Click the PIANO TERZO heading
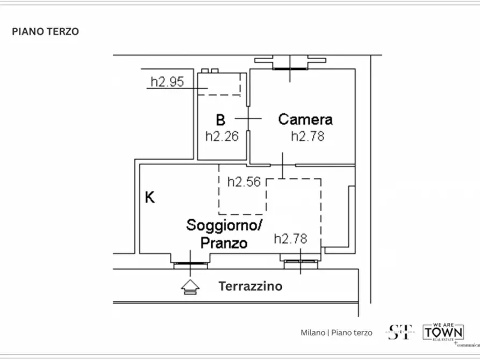(x=45, y=32)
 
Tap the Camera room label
(x=305, y=119)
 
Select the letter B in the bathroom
(x=220, y=119)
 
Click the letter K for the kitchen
(x=150, y=198)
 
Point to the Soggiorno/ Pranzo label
(x=224, y=234)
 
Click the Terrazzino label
(x=250, y=286)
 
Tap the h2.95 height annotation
(x=167, y=82)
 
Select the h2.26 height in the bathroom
(x=221, y=136)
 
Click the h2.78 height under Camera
(x=307, y=136)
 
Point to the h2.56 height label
(x=244, y=182)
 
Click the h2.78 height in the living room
(x=291, y=239)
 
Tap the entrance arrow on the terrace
(x=190, y=287)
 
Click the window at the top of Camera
(x=290, y=68)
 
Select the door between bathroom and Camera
(x=248, y=118)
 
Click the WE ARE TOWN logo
(x=443, y=332)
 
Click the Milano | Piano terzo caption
(x=336, y=333)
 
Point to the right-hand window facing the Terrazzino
(x=300, y=262)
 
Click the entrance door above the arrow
(x=190, y=263)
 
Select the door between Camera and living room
(x=283, y=164)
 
